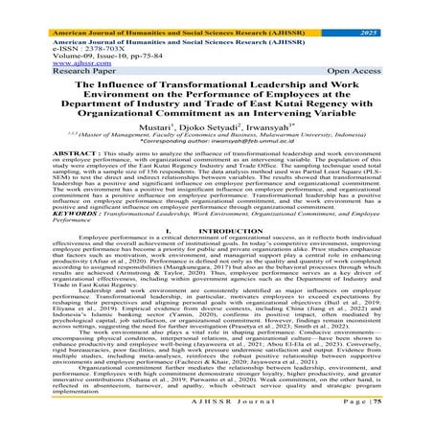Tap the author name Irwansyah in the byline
pos(264,136)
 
